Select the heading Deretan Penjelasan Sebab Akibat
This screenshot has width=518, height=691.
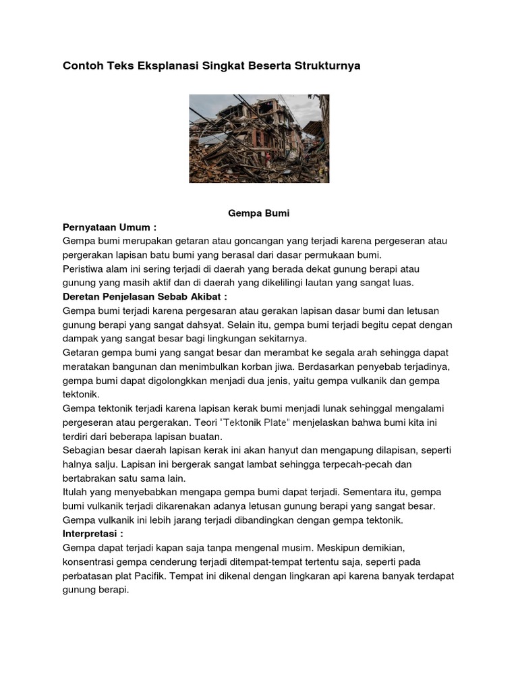pyautogui.click(x=145, y=296)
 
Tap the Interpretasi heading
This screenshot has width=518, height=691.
pyautogui.click(x=92, y=533)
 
